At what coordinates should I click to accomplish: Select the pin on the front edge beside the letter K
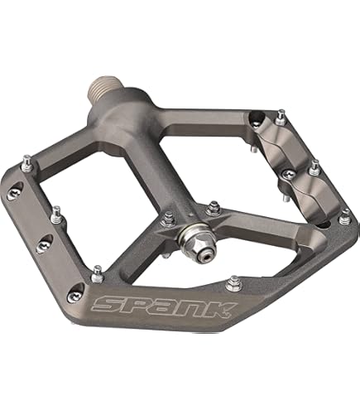(233, 282)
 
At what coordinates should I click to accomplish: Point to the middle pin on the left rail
(55, 214)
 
